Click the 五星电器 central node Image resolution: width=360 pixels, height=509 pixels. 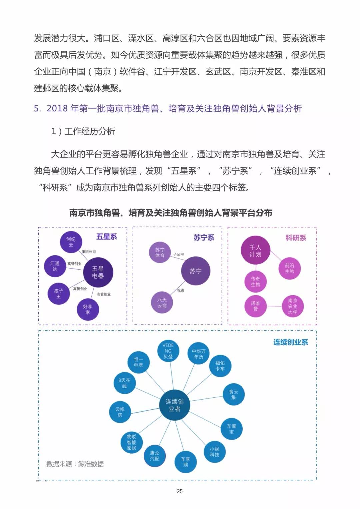98,272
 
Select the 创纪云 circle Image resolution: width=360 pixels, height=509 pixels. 71,242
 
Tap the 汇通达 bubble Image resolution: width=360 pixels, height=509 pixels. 55,266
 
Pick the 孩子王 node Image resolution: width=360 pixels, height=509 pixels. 58,293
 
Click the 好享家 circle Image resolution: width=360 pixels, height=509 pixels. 88,309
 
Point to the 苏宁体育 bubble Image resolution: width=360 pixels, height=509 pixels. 160,252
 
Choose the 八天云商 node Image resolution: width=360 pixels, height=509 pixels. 162,303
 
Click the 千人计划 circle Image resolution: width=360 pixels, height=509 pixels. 255,250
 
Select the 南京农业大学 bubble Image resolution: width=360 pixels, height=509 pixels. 293,306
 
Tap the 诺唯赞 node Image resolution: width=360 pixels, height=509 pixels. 255,306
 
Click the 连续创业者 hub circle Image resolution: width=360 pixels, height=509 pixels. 174,405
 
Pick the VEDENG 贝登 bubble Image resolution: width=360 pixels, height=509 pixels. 168,351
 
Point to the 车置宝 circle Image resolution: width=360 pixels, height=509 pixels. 232,429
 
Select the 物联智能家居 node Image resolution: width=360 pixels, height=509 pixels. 131,442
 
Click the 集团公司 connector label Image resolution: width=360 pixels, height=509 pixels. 89,251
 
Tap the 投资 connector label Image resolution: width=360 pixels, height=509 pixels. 181,290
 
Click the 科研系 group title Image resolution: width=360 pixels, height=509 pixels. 296,238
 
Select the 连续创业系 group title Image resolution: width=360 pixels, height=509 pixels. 291,342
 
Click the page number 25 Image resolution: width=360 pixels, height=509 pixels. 180,491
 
